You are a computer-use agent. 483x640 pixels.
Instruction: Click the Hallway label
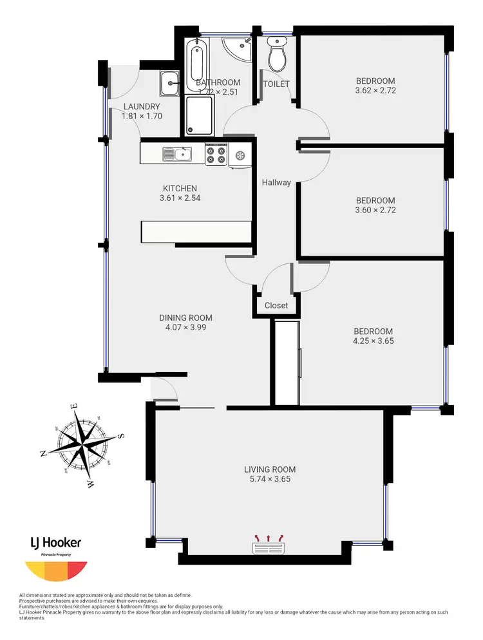pos(276,182)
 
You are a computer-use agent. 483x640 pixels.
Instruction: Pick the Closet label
pos(276,305)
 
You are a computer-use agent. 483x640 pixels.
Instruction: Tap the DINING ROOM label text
pos(185,317)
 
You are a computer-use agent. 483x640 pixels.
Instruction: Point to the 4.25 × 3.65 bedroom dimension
pos(373,341)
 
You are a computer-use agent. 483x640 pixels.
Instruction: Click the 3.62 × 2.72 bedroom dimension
pos(375,91)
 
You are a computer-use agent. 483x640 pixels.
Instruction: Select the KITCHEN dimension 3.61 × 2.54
pos(180,198)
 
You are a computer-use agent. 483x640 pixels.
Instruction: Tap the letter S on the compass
pos(121,436)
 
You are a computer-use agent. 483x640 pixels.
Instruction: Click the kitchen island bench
pos(196,231)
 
